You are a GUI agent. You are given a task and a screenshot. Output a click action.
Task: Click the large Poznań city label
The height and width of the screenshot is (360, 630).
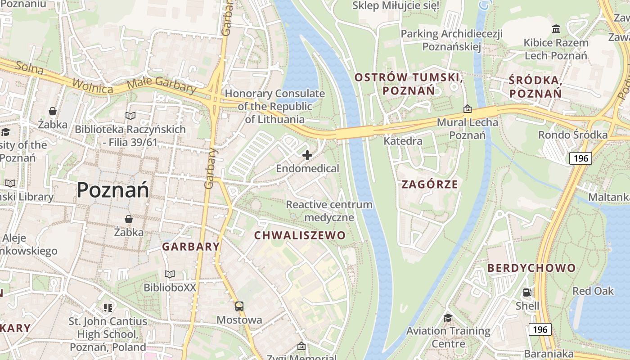pyautogui.click(x=112, y=189)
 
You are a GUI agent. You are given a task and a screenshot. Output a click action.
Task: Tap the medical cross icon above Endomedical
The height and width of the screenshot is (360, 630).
pyautogui.click(x=307, y=155)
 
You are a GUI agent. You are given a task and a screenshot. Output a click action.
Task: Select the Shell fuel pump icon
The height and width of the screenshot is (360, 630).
pyautogui.click(x=527, y=292)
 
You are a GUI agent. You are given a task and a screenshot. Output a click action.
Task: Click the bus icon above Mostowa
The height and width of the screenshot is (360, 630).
pyautogui.click(x=239, y=306)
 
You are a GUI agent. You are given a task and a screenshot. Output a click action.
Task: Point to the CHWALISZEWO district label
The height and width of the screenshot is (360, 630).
pyautogui.click(x=300, y=235)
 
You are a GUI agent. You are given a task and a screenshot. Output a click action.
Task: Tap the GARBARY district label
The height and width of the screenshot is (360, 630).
pyautogui.click(x=191, y=247)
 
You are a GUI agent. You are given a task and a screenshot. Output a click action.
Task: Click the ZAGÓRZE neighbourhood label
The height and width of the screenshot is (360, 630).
pyautogui.click(x=429, y=184)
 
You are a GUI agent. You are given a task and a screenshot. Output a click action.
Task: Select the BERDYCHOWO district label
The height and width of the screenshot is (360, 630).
pyautogui.click(x=531, y=268)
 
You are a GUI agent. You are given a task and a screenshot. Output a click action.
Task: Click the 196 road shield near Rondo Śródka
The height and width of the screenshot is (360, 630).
pyautogui.click(x=580, y=158)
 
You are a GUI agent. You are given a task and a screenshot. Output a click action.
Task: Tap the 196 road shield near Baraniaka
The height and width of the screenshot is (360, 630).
pyautogui.click(x=540, y=329)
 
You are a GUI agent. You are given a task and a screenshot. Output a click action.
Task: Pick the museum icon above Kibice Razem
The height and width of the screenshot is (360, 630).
pyautogui.click(x=556, y=29)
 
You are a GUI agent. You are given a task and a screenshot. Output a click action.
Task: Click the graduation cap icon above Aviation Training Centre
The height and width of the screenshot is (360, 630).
pyautogui.click(x=448, y=318)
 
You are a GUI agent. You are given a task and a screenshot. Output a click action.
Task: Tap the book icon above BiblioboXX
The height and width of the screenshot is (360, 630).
pyautogui.click(x=170, y=274)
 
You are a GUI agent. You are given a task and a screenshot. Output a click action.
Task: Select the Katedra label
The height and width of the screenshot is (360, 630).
pyautogui.click(x=403, y=141)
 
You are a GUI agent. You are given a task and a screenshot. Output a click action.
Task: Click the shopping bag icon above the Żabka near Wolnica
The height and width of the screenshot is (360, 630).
pyautogui.click(x=53, y=111)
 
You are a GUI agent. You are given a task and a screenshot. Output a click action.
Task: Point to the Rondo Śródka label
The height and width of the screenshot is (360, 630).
pyautogui.click(x=573, y=135)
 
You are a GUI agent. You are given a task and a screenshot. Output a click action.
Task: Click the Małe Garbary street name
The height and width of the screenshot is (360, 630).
pyautogui.click(x=162, y=85)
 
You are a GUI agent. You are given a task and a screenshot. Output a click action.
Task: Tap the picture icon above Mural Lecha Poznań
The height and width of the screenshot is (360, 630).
pyautogui.click(x=468, y=109)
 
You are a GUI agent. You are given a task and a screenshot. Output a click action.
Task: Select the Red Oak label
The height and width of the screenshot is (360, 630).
pyautogui.click(x=593, y=291)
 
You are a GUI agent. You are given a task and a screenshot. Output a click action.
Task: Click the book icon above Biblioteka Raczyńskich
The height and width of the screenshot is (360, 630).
pyautogui.click(x=130, y=116)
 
